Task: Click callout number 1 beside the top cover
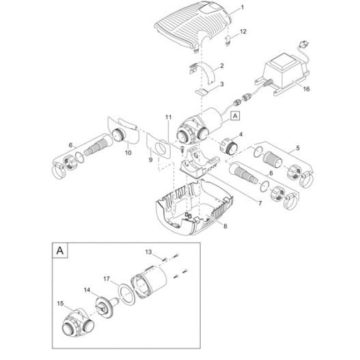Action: tap(242, 8)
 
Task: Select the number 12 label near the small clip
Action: tap(243, 31)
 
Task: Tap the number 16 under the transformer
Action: tap(306, 89)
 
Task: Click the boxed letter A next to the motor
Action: tap(235, 116)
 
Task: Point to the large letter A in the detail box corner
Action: tap(60, 250)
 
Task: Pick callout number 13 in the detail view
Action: tap(148, 252)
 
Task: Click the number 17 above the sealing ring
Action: tap(107, 279)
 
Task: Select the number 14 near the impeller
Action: tap(87, 290)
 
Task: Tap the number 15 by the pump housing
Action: tap(60, 303)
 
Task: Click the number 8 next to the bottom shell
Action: tap(225, 226)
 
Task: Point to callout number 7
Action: tap(260, 204)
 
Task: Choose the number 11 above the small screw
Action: tap(168, 117)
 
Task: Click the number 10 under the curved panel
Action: tap(128, 153)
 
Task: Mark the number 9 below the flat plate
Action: tap(150, 160)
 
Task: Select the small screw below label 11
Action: tap(182, 149)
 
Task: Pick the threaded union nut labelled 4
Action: tap(228, 146)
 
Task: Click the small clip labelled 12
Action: tap(227, 41)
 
